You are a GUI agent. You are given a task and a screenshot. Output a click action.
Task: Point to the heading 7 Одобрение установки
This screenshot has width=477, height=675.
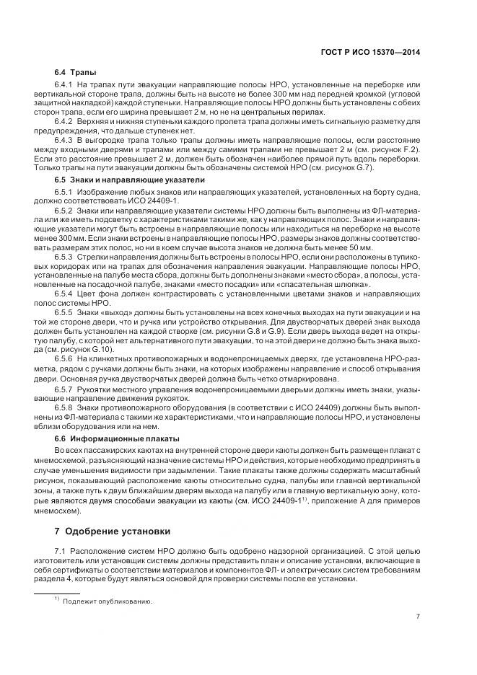point(113,532)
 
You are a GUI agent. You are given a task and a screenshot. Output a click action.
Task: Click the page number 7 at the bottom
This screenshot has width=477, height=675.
point(419,616)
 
